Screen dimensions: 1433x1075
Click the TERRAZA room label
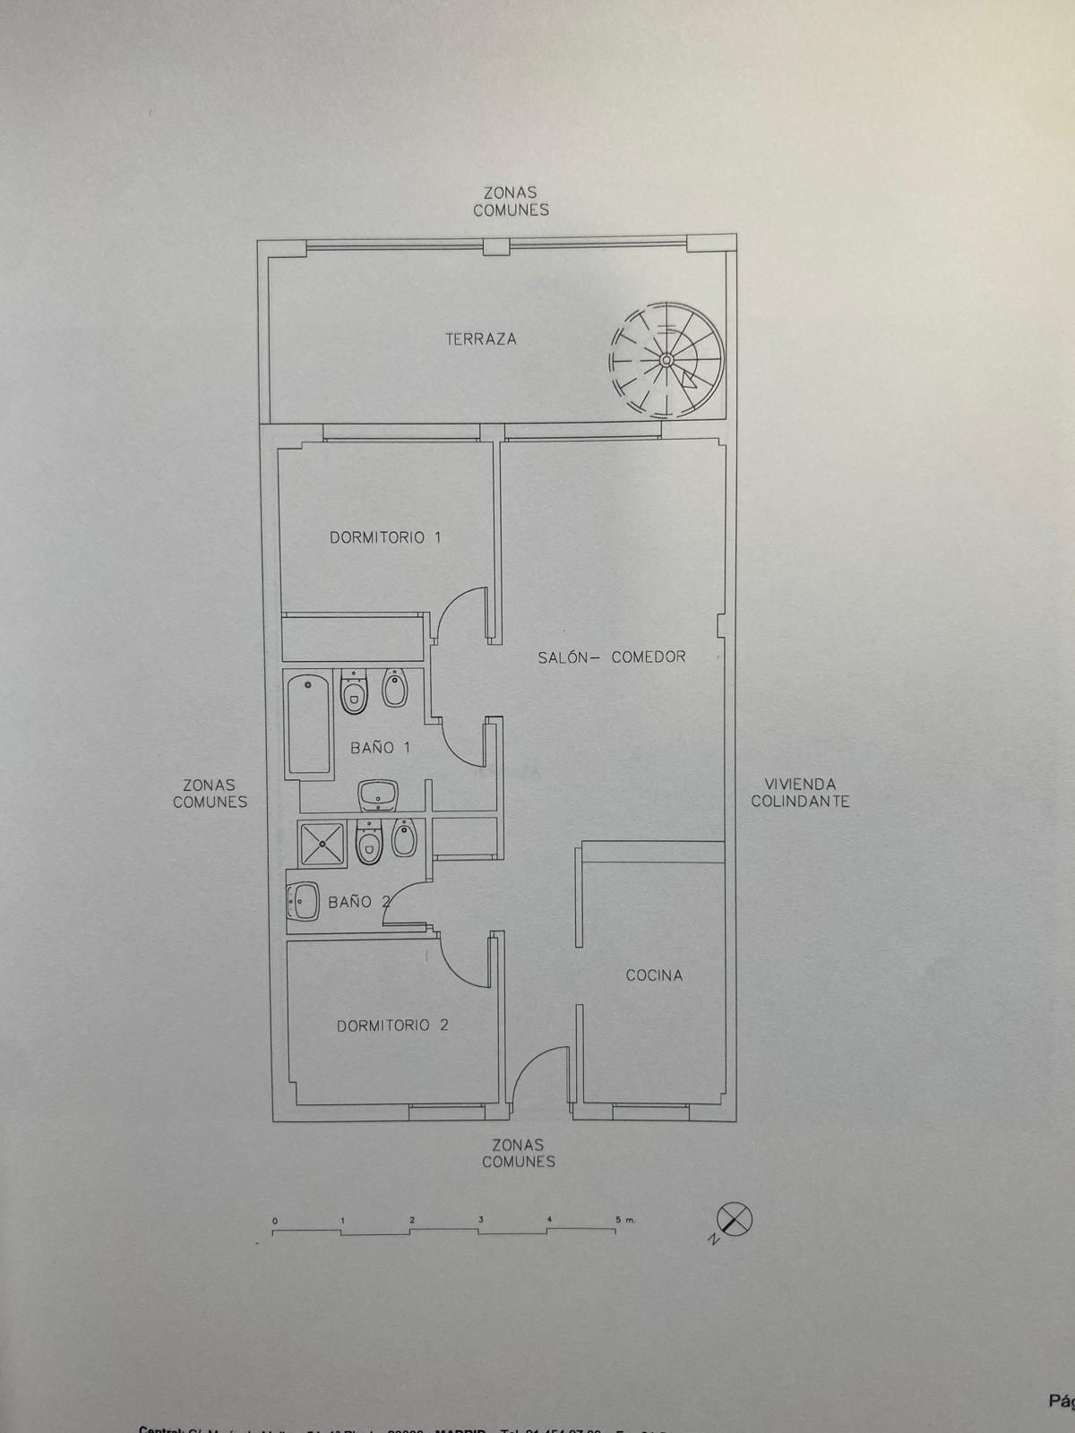pyautogui.click(x=481, y=339)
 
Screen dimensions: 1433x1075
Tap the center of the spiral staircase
pyautogui.click(x=666, y=360)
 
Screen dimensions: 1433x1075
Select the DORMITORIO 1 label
pyautogui.click(x=385, y=537)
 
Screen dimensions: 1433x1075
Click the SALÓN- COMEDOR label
pyautogui.click(x=612, y=656)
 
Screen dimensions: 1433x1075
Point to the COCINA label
pyautogui.click(x=654, y=975)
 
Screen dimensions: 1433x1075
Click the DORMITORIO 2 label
pyautogui.click(x=392, y=1025)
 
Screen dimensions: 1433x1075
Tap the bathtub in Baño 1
pyautogui.click(x=309, y=725)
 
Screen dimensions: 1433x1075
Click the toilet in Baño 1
pyautogui.click(x=355, y=692)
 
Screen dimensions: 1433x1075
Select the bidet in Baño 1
pyautogui.click(x=394, y=688)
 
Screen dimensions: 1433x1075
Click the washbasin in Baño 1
pyautogui.click(x=378, y=794)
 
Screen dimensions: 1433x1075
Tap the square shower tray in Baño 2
pyautogui.click(x=322, y=844)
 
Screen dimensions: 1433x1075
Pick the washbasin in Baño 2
pyautogui.click(x=303, y=901)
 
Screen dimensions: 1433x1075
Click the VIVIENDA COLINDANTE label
pyautogui.click(x=800, y=793)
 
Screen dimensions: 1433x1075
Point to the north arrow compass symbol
pyautogui.click(x=735, y=1220)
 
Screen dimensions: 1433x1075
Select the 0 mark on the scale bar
pyautogui.click(x=275, y=1221)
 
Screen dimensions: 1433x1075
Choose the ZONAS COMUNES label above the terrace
pyautogui.click(x=511, y=202)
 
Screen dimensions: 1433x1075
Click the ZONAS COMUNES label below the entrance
pyautogui.click(x=519, y=1153)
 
